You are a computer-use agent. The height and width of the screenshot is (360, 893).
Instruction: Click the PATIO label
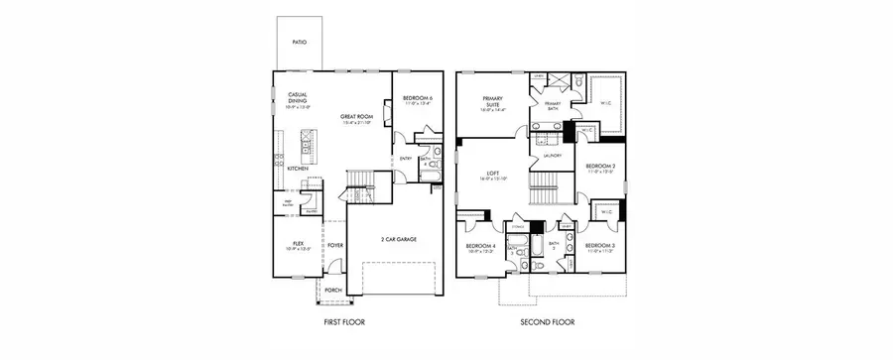(299, 43)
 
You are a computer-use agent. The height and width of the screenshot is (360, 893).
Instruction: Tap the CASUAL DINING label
(298, 98)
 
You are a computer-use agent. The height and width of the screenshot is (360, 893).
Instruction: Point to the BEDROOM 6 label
(417, 97)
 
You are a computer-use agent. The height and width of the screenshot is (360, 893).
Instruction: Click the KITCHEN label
(298, 169)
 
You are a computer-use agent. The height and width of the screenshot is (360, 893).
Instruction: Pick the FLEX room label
(297, 243)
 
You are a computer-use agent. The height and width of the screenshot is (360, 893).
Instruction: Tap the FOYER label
(335, 243)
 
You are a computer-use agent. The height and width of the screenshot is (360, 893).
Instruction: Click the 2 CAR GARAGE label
(396, 239)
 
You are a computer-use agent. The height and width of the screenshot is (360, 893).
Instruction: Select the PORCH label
(334, 291)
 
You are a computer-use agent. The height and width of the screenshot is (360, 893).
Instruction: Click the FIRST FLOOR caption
(349, 322)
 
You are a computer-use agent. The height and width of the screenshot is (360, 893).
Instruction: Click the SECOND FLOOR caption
(548, 322)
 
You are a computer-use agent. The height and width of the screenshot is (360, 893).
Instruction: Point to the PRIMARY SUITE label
(493, 101)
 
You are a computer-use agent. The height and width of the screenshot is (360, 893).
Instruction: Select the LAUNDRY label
(554, 156)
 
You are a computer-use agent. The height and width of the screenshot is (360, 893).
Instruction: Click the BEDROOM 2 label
(600, 167)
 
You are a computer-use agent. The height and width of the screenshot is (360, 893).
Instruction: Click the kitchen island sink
(304, 153)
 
